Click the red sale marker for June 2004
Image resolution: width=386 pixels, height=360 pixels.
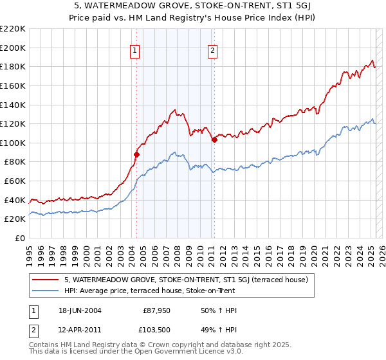[x=136, y=154]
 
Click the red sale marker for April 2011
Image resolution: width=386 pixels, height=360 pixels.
[x=214, y=139]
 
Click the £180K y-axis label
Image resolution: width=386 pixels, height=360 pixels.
[x=14, y=66]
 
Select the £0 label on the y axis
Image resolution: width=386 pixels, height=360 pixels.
[x=20, y=239]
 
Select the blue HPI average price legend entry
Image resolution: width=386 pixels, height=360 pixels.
[x=150, y=291]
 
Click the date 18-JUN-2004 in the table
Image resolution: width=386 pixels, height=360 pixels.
[x=78, y=310]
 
